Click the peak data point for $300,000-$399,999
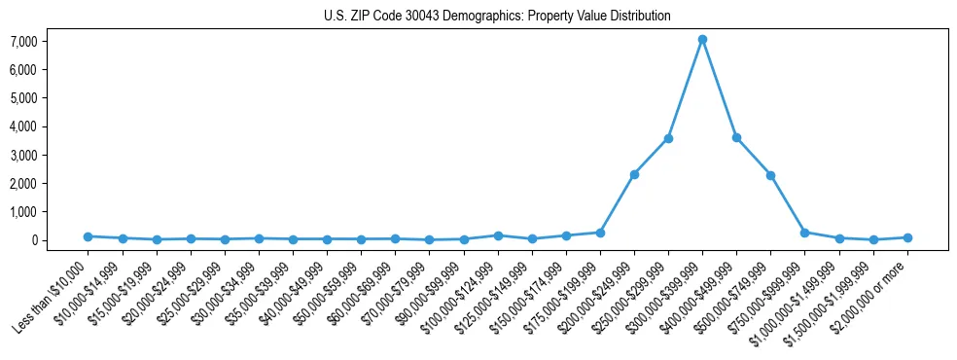[702, 40]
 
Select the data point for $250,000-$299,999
[668, 138]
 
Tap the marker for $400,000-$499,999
[736, 137]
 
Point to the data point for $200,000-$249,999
[634, 174]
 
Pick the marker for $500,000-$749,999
[770, 175]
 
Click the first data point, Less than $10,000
[88, 236]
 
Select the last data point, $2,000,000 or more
[907, 237]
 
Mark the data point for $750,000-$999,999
[804, 233]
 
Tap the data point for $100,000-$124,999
[498, 235]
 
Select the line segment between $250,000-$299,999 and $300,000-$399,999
[686, 89]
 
